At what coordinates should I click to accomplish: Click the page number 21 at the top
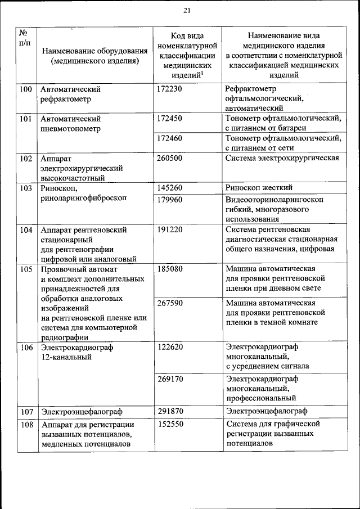(x=187, y=10)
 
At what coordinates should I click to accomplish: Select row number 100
(x=26, y=89)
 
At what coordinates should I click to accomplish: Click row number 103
(x=26, y=188)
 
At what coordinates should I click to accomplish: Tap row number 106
(x=26, y=347)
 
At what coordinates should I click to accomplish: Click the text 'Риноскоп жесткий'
(x=258, y=188)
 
